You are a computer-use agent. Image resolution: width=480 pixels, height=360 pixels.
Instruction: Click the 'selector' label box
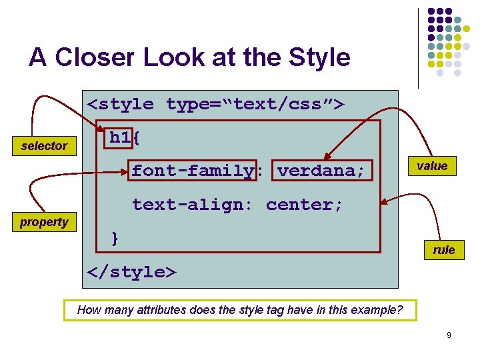click(x=44, y=145)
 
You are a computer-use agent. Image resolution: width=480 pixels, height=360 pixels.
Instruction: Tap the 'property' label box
click(x=44, y=222)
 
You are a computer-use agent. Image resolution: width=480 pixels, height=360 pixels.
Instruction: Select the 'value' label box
click(x=432, y=166)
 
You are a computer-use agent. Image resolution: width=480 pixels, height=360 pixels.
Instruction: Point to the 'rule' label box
click(x=443, y=250)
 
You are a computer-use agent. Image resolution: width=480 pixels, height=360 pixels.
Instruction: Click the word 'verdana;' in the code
click(x=321, y=171)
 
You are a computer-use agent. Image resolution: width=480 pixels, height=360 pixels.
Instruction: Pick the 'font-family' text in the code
click(x=193, y=171)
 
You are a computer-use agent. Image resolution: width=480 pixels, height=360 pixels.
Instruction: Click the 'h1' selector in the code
click(x=120, y=137)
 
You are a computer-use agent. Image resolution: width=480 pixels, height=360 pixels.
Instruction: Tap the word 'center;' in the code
click(x=304, y=205)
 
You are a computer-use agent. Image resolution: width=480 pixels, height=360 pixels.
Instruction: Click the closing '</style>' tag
click(x=132, y=272)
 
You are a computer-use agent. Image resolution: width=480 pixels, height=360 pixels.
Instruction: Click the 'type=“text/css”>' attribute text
click(x=255, y=104)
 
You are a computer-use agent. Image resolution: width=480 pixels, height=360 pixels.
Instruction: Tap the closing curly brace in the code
click(x=115, y=238)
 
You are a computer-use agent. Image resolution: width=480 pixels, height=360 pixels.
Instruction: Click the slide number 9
click(x=449, y=335)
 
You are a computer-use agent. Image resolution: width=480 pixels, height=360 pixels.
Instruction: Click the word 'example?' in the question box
click(x=381, y=309)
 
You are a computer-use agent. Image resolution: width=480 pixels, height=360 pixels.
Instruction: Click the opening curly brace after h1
click(x=136, y=137)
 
